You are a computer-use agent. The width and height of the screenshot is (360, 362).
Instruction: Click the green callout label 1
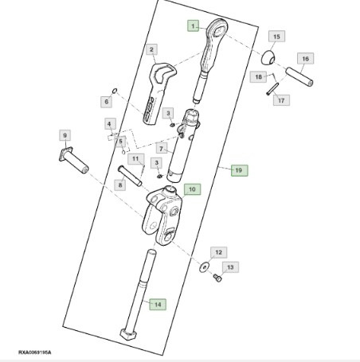(x=192, y=25)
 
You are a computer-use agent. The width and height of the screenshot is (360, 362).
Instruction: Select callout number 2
(x=151, y=50)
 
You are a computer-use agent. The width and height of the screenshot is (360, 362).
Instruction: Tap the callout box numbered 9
(x=65, y=135)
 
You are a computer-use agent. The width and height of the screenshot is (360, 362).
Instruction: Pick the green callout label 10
(x=191, y=189)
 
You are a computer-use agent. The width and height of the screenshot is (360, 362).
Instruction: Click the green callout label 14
(x=157, y=303)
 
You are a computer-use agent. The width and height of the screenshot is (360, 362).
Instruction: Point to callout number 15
(x=276, y=37)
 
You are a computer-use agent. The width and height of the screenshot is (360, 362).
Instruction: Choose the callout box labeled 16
(x=305, y=59)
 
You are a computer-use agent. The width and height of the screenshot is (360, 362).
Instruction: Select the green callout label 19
(x=237, y=170)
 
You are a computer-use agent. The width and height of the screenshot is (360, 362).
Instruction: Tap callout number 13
(x=229, y=269)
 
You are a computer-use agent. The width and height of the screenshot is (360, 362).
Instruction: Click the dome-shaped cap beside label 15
(x=270, y=60)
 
